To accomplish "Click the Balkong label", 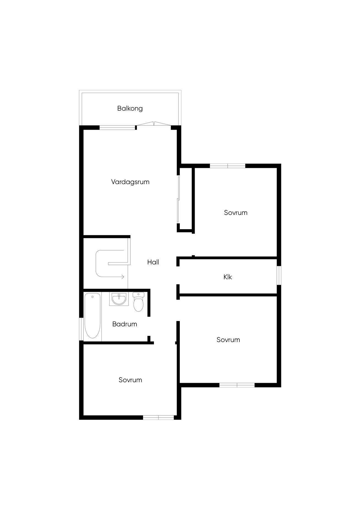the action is click(x=130, y=108).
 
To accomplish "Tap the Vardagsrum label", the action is click(x=130, y=182).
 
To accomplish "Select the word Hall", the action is click(x=153, y=262).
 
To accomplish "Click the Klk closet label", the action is click(x=228, y=277).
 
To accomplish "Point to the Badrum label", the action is click(x=125, y=324).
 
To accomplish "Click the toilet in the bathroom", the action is click(x=138, y=302).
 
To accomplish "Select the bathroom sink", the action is click(x=119, y=299).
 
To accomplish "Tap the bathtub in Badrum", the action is click(x=92, y=316).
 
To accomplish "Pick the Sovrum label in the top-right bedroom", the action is click(x=236, y=213).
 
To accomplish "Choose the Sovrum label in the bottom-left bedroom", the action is click(x=130, y=380).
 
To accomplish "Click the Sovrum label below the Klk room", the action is click(x=228, y=340).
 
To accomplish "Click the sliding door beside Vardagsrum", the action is click(x=179, y=199).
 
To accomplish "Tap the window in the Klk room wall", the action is click(x=279, y=275).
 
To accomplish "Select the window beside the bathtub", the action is click(x=81, y=329).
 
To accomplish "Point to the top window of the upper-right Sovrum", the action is click(x=228, y=166).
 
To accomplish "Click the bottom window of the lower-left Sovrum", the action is click(x=159, y=418).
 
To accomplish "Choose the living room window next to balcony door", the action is click(x=118, y=127).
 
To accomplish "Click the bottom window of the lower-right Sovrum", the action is click(x=237, y=385).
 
